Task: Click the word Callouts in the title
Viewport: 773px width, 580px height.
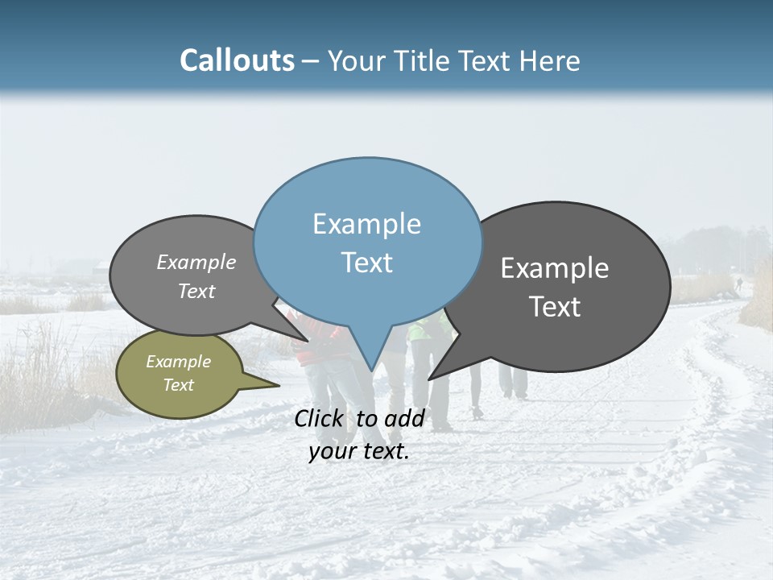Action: click(x=237, y=60)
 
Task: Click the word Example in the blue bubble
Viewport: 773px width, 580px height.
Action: click(x=366, y=224)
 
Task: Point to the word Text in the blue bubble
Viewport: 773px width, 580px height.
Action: click(x=366, y=263)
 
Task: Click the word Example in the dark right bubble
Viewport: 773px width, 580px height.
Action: click(x=555, y=268)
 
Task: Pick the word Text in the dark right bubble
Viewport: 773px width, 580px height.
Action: click(x=555, y=306)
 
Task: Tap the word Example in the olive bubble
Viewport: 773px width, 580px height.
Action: click(x=178, y=362)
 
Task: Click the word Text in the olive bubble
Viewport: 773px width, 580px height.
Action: click(x=178, y=385)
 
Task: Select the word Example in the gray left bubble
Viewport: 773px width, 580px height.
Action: click(x=196, y=263)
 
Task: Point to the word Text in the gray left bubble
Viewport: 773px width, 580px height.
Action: click(x=196, y=291)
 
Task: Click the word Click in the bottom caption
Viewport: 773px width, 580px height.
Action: click(x=320, y=419)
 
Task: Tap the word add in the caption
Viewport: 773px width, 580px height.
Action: click(x=404, y=419)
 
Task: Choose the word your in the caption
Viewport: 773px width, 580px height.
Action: click(x=333, y=451)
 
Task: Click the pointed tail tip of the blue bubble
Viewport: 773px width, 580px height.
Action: click(x=371, y=371)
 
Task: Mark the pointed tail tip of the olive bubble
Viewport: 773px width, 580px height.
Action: click(x=279, y=386)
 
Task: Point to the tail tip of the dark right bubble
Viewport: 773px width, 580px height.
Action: click(x=428, y=379)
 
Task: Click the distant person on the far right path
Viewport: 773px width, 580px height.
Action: click(x=738, y=284)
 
